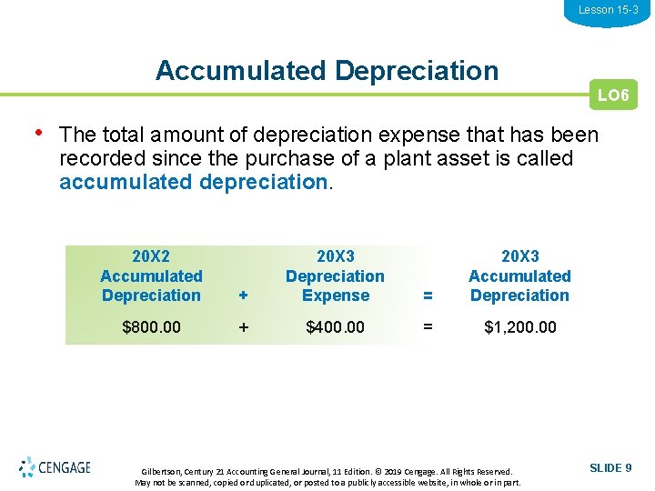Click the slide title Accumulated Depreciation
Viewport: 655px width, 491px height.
point(327,71)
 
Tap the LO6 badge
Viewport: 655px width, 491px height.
point(613,95)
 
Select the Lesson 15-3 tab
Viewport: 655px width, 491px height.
point(608,10)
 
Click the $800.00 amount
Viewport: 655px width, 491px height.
point(151,327)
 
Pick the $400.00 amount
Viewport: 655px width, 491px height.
point(335,327)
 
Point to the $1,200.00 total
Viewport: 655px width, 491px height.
point(519,327)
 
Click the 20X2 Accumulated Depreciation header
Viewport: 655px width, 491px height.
point(151,276)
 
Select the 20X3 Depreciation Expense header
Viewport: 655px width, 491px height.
point(335,276)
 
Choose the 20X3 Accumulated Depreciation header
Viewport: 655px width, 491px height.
point(519,276)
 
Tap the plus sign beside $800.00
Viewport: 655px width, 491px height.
point(243,327)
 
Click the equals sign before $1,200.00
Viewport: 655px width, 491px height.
point(428,327)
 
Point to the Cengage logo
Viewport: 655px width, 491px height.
point(55,467)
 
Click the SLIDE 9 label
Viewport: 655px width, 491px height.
point(610,468)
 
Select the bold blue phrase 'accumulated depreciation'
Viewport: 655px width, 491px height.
point(192,182)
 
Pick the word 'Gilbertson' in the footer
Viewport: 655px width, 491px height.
point(162,472)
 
